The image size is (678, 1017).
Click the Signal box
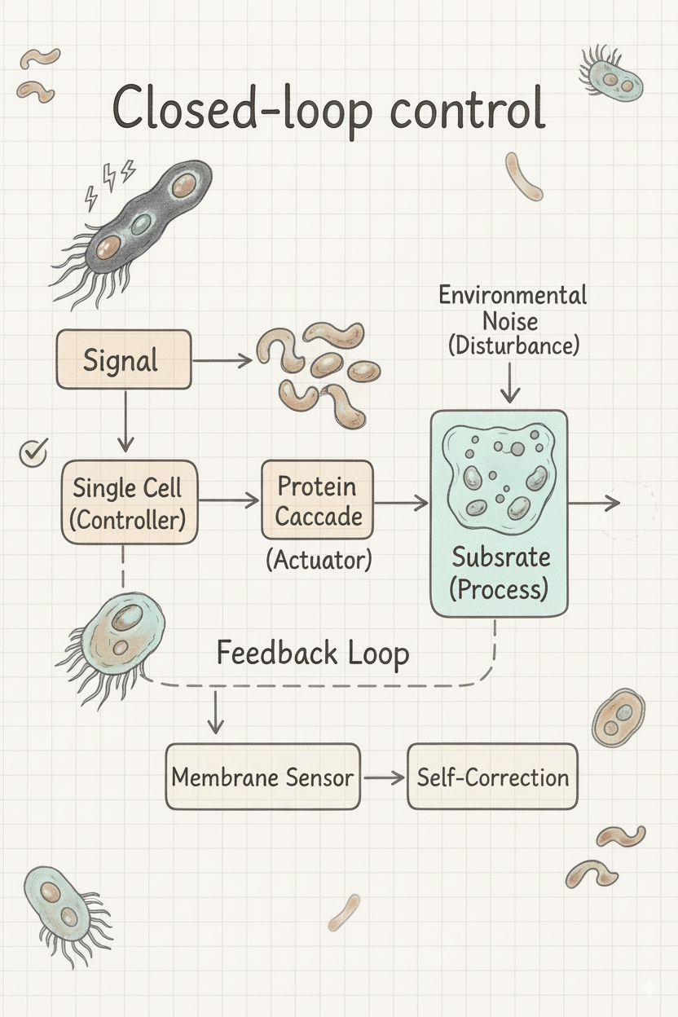pyautogui.click(x=123, y=359)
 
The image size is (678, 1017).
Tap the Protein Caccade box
pyautogui.click(x=317, y=500)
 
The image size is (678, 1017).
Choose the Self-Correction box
pyautogui.click(x=492, y=776)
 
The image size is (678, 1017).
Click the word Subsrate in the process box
pyautogui.click(x=500, y=558)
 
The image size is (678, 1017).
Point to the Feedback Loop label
pyautogui.click(x=312, y=654)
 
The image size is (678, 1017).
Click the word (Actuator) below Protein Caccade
pyautogui.click(x=319, y=560)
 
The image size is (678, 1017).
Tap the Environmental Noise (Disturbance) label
pyautogui.click(x=513, y=319)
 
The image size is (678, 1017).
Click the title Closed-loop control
pyautogui.click(x=328, y=109)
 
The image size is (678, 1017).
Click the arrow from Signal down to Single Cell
pyautogui.click(x=125, y=420)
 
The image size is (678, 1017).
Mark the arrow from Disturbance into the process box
pyautogui.click(x=510, y=383)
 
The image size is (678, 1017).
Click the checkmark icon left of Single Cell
pyautogui.click(x=33, y=451)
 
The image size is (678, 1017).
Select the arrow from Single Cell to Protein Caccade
pyautogui.click(x=228, y=501)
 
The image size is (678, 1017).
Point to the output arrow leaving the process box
pyautogui.click(x=594, y=503)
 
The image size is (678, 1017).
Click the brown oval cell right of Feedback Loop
pyautogui.click(x=619, y=716)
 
